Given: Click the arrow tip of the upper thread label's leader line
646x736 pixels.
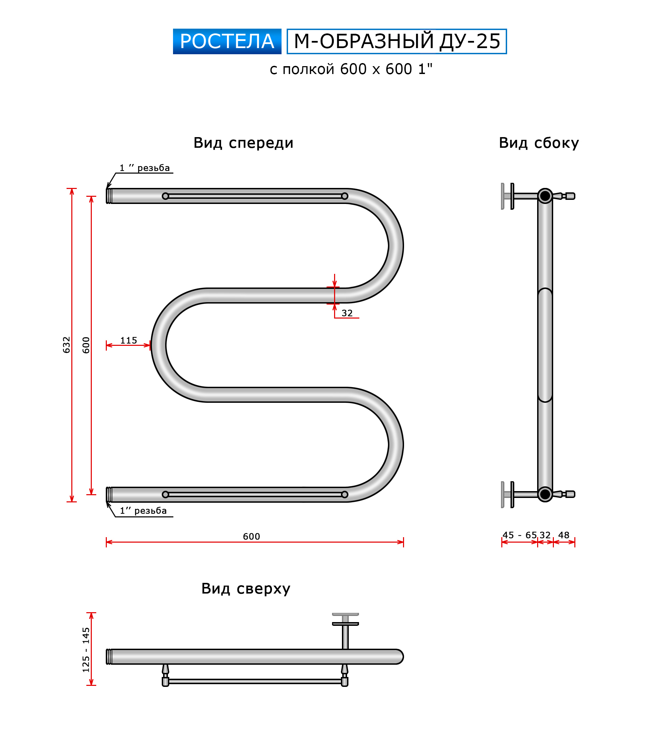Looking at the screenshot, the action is click(x=107, y=188).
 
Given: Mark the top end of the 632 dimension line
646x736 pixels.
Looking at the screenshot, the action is click(x=72, y=188).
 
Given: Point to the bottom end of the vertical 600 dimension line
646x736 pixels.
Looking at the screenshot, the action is click(x=91, y=495).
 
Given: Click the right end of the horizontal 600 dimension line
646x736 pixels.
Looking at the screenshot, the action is click(x=403, y=542).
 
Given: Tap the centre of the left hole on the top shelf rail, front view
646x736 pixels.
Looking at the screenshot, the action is click(x=166, y=196).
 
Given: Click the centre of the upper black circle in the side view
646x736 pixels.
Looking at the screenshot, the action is click(x=545, y=196).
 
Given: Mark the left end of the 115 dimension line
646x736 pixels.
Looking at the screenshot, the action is click(x=106, y=345).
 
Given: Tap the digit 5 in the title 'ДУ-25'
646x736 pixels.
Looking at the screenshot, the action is click(x=495, y=41).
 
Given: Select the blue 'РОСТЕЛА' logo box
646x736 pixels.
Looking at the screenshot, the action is click(x=227, y=41).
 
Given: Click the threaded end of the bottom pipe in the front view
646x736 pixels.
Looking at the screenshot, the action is click(x=109, y=495).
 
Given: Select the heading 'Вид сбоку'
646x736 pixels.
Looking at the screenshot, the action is click(x=539, y=143).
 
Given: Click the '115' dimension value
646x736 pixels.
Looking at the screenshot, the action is click(x=129, y=340).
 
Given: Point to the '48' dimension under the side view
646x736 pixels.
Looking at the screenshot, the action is click(x=563, y=535).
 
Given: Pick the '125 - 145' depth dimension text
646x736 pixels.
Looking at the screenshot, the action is click(x=86, y=650).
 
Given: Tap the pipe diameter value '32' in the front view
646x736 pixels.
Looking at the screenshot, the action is click(x=347, y=313).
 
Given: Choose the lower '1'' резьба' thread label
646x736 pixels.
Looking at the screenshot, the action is click(x=143, y=511).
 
